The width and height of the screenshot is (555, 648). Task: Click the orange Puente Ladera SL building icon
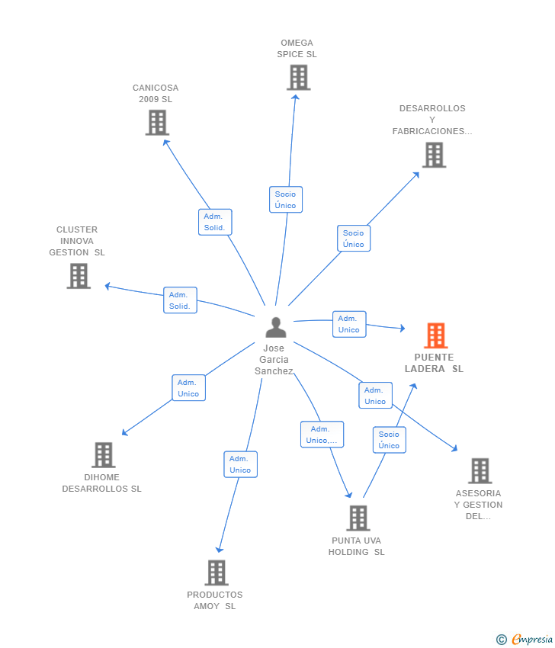[435, 335]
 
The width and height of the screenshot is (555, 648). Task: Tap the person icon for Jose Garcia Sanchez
[275, 327]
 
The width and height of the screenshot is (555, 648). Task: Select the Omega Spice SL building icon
[298, 77]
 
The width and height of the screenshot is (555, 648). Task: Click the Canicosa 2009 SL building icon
[156, 122]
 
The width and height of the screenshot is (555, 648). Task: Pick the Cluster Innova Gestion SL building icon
[79, 276]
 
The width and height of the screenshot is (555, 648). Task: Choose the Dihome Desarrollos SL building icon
[103, 455]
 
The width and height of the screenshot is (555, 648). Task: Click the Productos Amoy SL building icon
[217, 573]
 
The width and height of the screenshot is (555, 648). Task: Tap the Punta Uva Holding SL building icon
[358, 518]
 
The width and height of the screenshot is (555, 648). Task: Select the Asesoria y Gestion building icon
[480, 471]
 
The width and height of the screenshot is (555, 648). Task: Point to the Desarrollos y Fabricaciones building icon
[434, 155]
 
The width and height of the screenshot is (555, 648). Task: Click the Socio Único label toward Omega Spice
[286, 200]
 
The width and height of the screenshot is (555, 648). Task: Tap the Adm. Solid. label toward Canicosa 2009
[214, 222]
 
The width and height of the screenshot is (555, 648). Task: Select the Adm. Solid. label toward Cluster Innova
[180, 300]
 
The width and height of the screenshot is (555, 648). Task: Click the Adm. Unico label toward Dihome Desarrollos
[188, 388]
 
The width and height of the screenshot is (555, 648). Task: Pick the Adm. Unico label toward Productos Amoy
[240, 464]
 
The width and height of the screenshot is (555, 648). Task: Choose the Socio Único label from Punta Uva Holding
[389, 440]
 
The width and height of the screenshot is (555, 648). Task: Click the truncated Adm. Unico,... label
[322, 435]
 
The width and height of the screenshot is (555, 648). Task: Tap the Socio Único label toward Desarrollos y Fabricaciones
[354, 239]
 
